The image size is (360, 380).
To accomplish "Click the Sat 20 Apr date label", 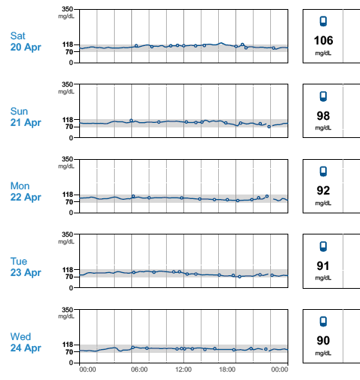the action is pyautogui.click(x=26, y=41).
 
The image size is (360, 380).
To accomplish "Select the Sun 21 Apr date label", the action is pyautogui.click(x=26, y=117).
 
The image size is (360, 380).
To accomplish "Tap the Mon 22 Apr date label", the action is pyautogui.click(x=26, y=192).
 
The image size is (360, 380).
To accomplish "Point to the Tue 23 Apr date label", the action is pyautogui.click(x=26, y=267).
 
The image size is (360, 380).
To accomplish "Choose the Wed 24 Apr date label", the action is pyautogui.click(x=26, y=342).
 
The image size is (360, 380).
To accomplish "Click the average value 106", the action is pyautogui.click(x=323, y=41).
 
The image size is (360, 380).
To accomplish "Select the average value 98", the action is pyautogui.click(x=323, y=116).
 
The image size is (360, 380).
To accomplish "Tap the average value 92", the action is pyautogui.click(x=323, y=191).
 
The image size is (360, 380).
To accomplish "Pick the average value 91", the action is pyautogui.click(x=323, y=266).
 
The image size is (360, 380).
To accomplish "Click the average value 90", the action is pyautogui.click(x=323, y=341).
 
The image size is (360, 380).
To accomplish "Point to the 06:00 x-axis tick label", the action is pyautogui.click(x=140, y=369).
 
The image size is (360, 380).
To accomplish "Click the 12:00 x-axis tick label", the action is pyautogui.click(x=183, y=369).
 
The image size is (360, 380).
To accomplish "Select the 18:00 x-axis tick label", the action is pyautogui.click(x=227, y=369).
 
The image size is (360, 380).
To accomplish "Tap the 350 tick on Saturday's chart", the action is pyautogui.click(x=67, y=9).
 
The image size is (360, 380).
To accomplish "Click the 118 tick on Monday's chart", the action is pyautogui.click(x=67, y=195).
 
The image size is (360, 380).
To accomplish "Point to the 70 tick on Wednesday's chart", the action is pyautogui.click(x=69, y=352).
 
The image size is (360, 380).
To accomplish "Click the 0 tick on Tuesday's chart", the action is pyautogui.click(x=71, y=288).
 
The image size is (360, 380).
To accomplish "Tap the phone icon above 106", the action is pyautogui.click(x=323, y=21).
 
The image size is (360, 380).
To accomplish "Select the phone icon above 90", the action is pyautogui.click(x=323, y=321).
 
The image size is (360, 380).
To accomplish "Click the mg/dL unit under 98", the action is pyautogui.click(x=323, y=128).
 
